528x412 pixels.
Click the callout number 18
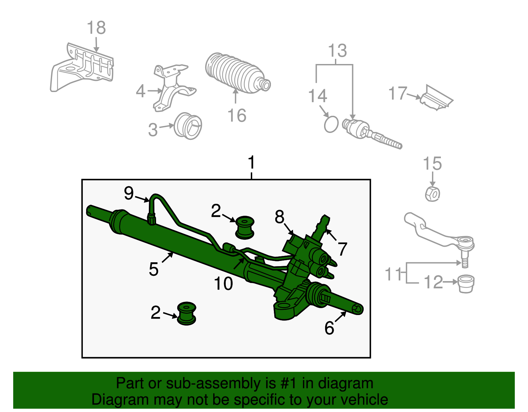(96, 28)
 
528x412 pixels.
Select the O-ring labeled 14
(331, 124)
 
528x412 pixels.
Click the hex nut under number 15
(432, 194)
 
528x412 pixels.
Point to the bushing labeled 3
(188, 126)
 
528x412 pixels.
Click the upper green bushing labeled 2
(245, 227)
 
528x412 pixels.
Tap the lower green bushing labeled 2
(186, 313)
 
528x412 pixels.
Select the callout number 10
(223, 283)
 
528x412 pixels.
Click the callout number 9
(129, 193)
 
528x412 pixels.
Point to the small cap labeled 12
(466, 283)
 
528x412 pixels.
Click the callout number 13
(337, 51)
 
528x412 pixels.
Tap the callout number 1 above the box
(251, 163)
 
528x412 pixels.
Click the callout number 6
(329, 328)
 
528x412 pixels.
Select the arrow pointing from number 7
(332, 235)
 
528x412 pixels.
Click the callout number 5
(153, 269)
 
